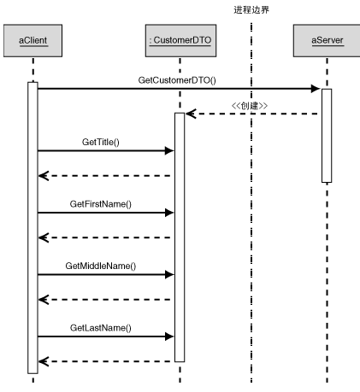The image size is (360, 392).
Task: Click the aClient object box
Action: [x=32, y=39]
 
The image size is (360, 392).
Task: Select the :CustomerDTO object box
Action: [x=180, y=39]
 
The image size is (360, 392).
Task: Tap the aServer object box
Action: [x=327, y=39]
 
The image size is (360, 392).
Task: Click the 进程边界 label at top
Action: [x=251, y=9]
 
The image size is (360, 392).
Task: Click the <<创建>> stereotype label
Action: [x=250, y=105]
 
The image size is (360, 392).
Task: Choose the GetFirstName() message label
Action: [x=101, y=205]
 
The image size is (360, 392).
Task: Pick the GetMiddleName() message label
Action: [x=101, y=266]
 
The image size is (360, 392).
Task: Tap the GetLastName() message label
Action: [x=101, y=327]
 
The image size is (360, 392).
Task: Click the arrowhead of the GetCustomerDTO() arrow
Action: [x=316, y=88]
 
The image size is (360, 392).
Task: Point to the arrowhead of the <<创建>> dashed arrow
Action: [x=190, y=114]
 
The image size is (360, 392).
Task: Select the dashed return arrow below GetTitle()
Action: [x=104, y=176]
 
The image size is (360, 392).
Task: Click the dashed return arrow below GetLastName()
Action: [x=104, y=361]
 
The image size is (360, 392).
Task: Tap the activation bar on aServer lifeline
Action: [x=326, y=135]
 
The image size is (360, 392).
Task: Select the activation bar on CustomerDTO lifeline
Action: [x=180, y=237]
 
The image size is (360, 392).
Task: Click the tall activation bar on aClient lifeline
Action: [x=32, y=227]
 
